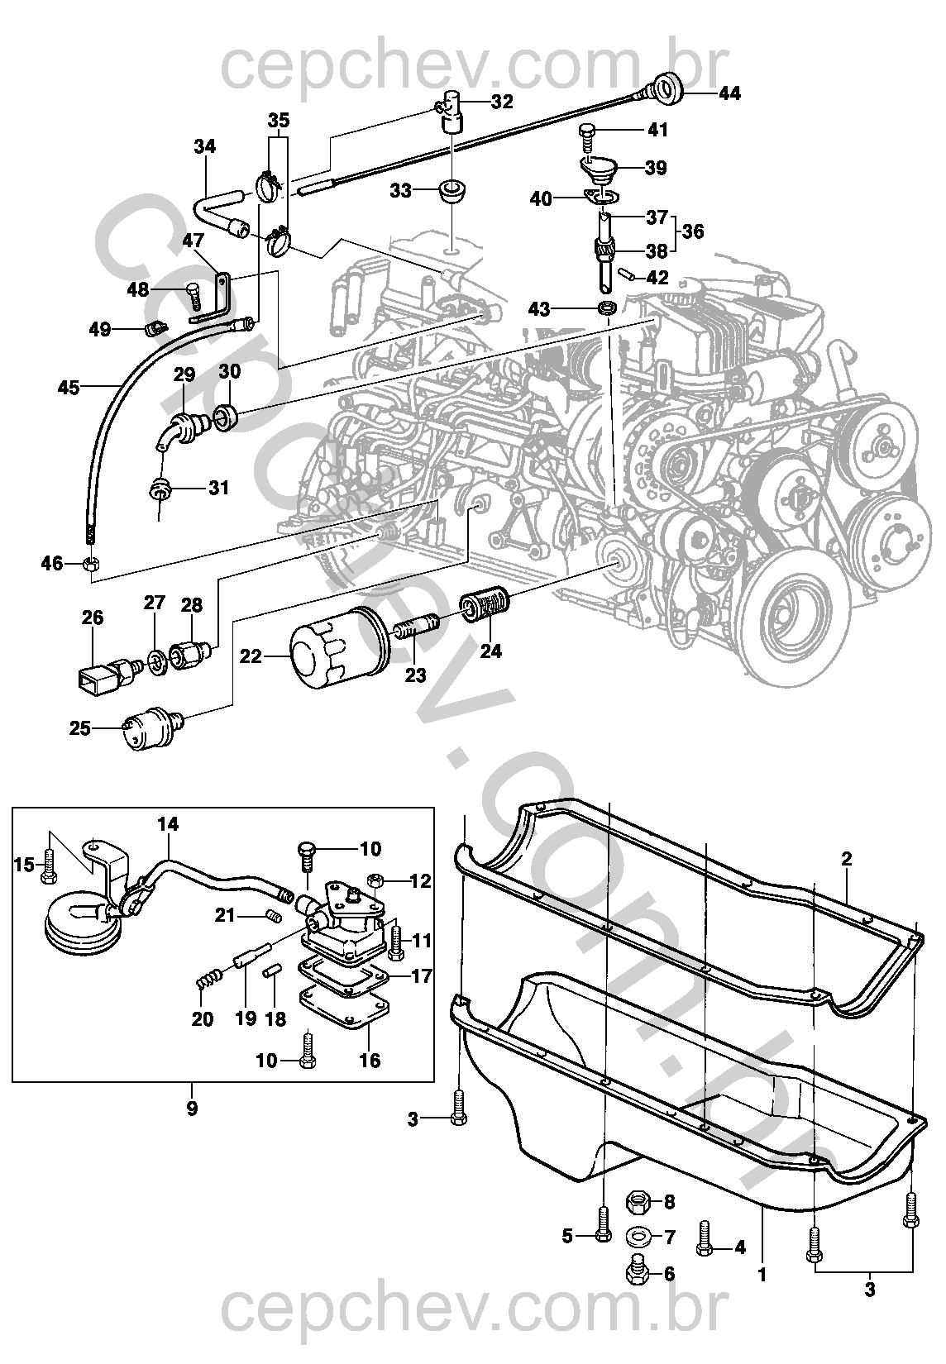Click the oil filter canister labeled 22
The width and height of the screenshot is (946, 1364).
click(338, 646)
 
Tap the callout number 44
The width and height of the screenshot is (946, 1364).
click(729, 93)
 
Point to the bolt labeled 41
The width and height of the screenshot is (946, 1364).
click(587, 137)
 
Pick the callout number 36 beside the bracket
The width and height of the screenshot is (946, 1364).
click(693, 232)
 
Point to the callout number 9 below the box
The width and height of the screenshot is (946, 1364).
click(192, 1109)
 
